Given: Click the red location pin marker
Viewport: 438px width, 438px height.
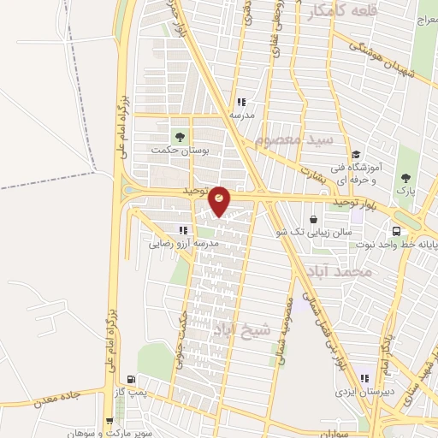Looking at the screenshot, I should point(220,200).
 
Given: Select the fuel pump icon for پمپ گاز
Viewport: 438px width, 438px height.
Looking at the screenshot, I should point(130,380).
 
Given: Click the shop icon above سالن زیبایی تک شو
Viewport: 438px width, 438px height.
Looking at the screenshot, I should point(314,219).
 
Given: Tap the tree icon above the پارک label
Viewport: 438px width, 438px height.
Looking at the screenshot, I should point(405,178).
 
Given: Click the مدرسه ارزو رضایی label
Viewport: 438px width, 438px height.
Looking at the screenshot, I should point(185,243).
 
